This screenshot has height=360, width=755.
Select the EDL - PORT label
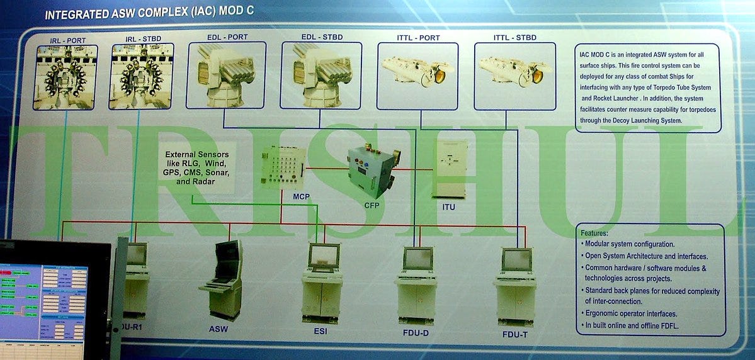(x=227, y=37)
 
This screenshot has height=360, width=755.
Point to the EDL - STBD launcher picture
(x=321, y=76)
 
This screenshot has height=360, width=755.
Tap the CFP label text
(x=372, y=205)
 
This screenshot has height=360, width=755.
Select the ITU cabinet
(x=449, y=169)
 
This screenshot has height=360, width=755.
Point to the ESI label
(x=321, y=331)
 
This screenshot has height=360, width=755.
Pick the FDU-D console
(x=416, y=283)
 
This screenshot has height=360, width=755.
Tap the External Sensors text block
(x=197, y=167)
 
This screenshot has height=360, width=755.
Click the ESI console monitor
(x=324, y=256)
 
